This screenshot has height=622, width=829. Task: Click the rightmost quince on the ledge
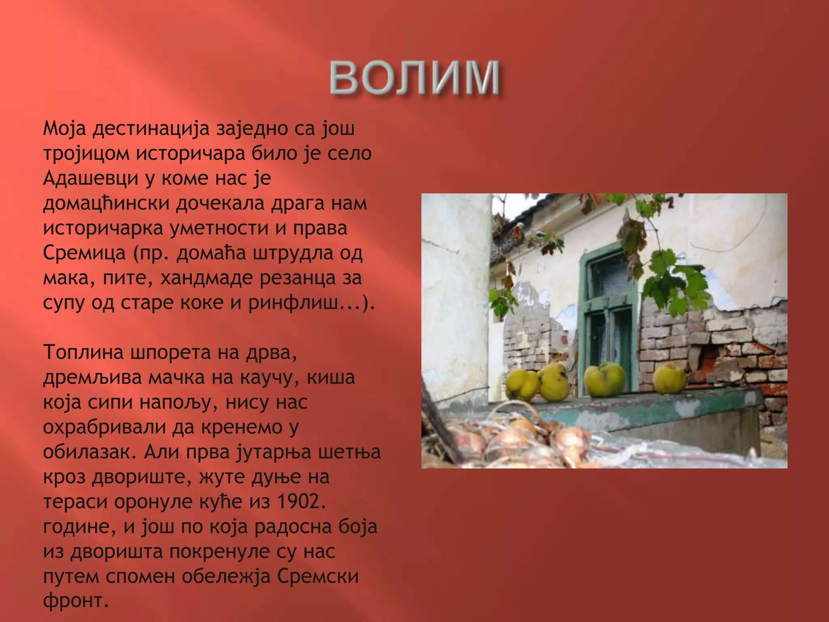670,379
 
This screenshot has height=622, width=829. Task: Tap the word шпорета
170,352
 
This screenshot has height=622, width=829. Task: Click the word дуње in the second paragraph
276,477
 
